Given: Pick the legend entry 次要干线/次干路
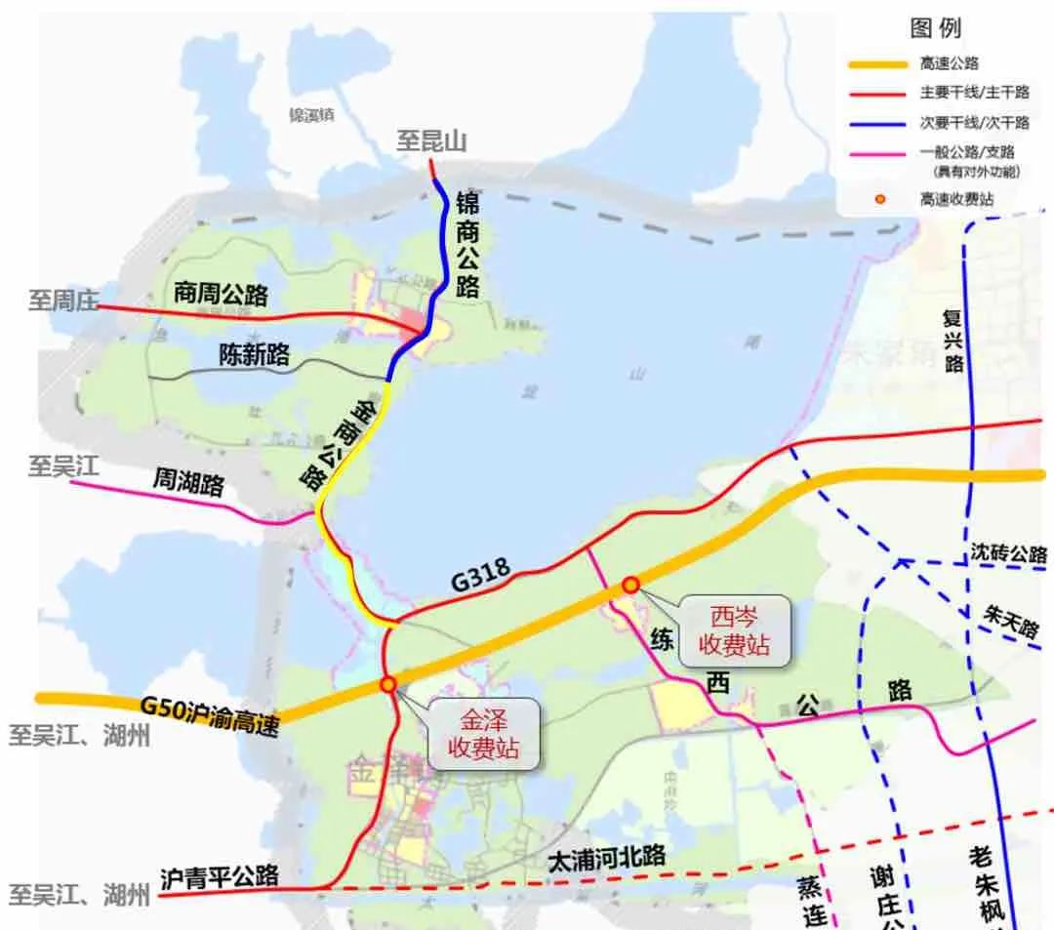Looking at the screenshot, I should point(973,123).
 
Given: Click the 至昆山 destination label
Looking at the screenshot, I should point(430,141).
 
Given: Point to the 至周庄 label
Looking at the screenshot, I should point(63,302).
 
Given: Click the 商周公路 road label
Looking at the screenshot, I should point(221,293).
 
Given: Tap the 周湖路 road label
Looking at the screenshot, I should point(187,481).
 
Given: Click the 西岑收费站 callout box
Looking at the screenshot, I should point(734,630).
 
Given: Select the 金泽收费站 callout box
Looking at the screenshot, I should point(485,734).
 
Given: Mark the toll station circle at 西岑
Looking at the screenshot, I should point(631,585).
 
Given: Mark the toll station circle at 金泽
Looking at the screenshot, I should point(388,685).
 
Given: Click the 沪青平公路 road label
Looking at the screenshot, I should point(219,875).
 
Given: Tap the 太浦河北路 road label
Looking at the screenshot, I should point(606,857).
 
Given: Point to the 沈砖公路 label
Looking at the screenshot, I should point(1008,552).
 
